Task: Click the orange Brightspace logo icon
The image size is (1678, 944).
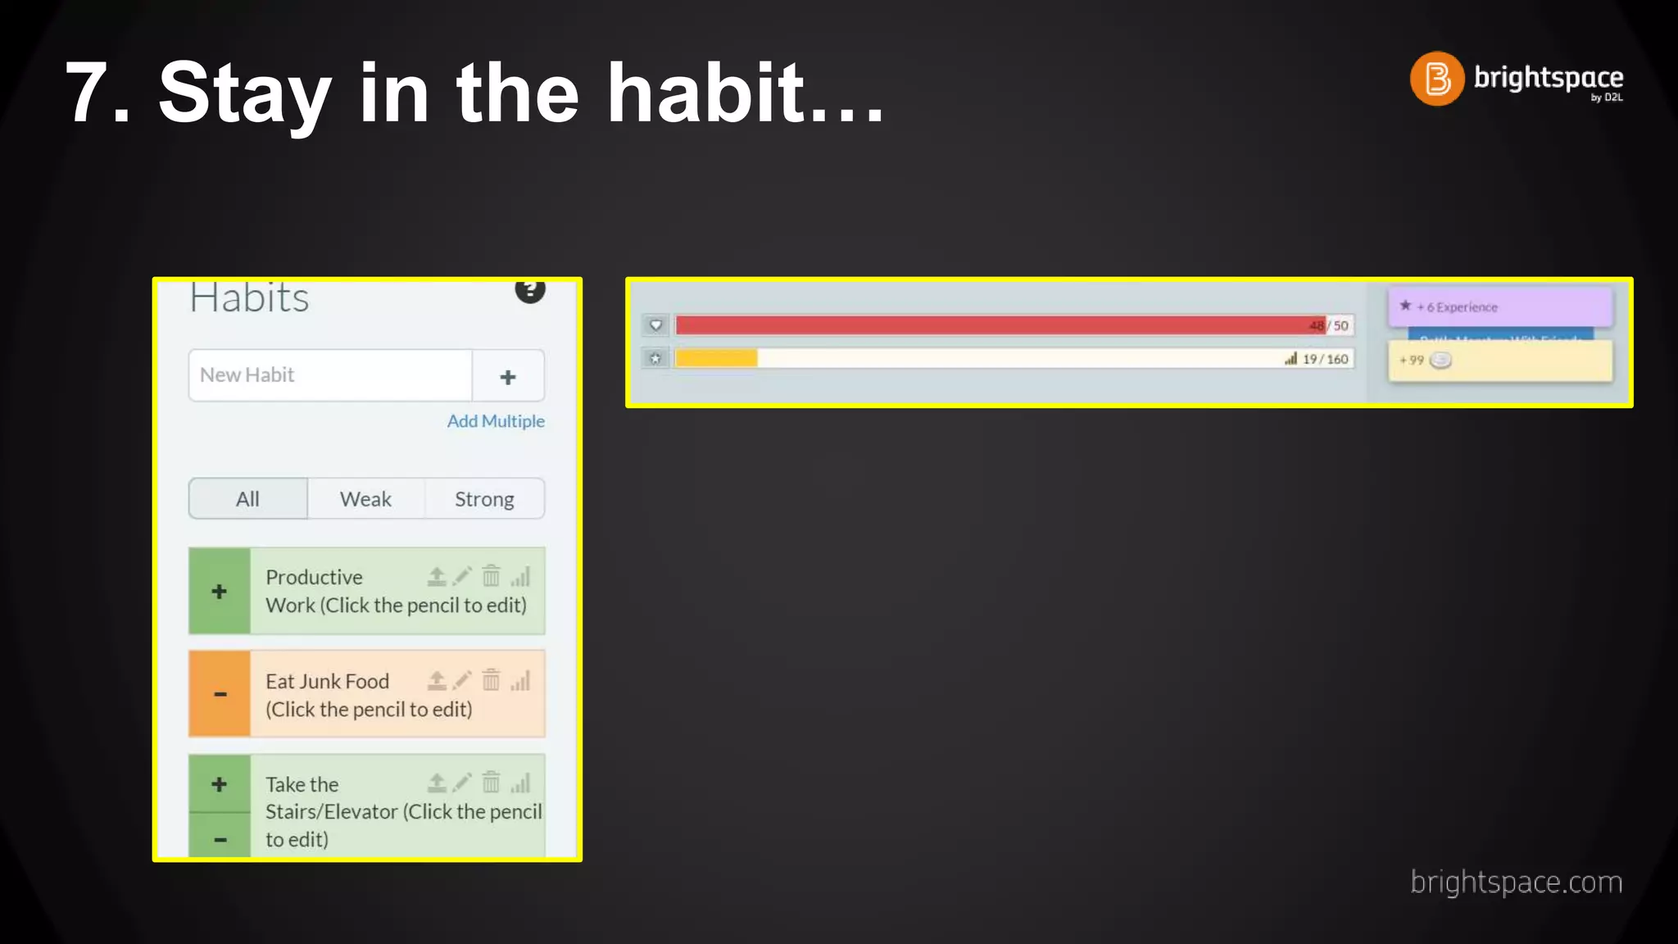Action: [x=1436, y=79]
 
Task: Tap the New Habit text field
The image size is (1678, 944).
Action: [x=330, y=375]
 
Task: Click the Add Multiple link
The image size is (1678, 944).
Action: [x=495, y=421]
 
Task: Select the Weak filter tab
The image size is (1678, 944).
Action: [x=365, y=499]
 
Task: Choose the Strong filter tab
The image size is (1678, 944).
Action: [x=484, y=499]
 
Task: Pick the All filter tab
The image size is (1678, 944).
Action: [x=247, y=499]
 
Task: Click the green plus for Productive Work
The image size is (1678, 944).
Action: [x=219, y=591]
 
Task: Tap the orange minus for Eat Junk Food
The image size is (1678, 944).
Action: [x=220, y=694]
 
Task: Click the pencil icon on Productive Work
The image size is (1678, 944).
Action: [x=463, y=576]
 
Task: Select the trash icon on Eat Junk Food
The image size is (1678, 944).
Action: [x=491, y=680]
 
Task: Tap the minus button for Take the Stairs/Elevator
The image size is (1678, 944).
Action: [x=220, y=838]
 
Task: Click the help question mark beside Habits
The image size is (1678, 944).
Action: [x=530, y=289]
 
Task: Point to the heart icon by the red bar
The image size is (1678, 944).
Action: [x=655, y=325]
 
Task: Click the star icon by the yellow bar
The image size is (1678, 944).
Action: [x=655, y=359]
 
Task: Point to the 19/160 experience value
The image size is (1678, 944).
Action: [x=1324, y=359]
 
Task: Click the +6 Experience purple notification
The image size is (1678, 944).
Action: [x=1499, y=306]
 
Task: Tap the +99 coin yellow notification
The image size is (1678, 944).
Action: [x=1499, y=361]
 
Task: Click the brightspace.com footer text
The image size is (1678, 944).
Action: [x=1516, y=883]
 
